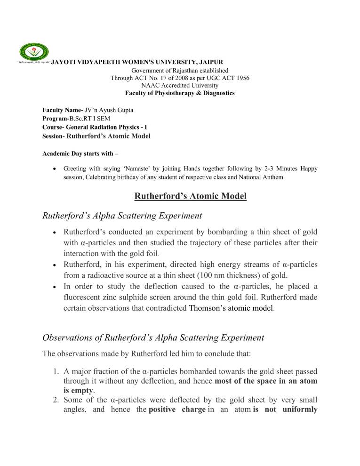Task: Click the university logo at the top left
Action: pyautogui.click(x=33, y=53)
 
